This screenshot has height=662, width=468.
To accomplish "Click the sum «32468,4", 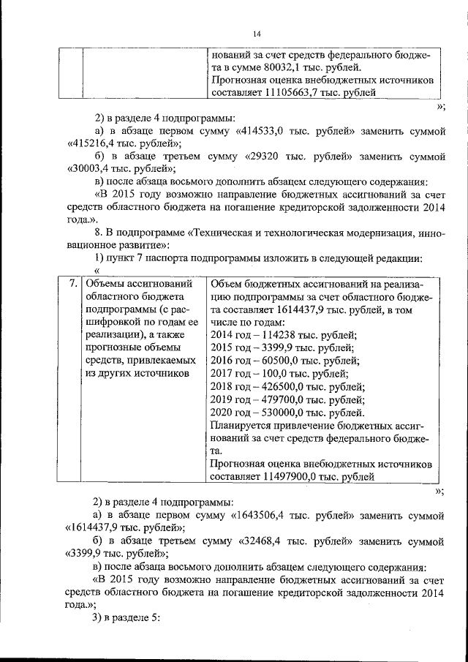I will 267,541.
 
